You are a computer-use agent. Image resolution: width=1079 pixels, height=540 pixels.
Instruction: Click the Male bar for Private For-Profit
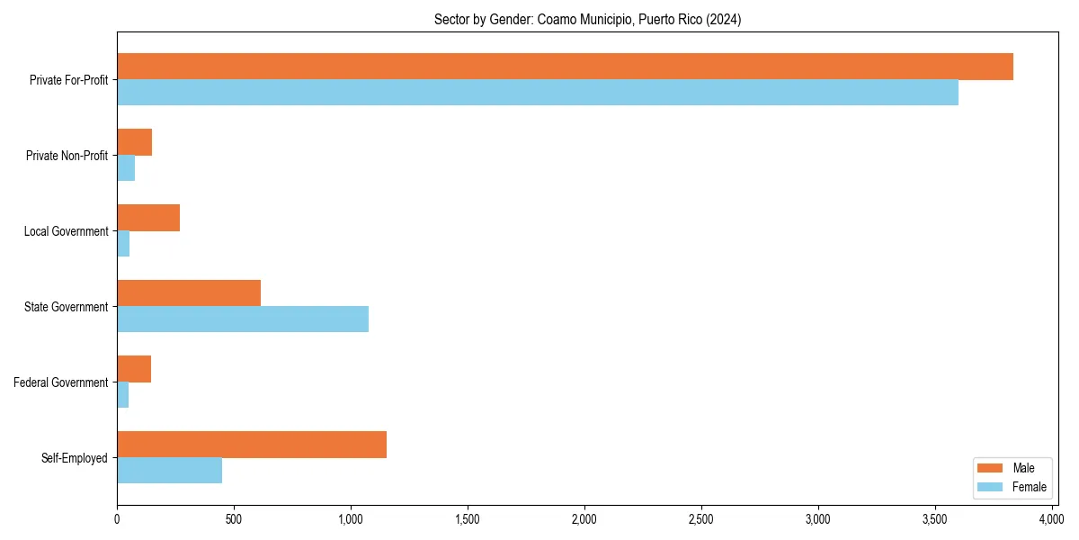565,67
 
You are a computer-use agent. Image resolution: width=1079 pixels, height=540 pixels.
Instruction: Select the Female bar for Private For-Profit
538,93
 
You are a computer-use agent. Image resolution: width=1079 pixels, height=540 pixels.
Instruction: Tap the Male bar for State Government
189,293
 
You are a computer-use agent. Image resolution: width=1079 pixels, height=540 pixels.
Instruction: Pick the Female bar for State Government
243,319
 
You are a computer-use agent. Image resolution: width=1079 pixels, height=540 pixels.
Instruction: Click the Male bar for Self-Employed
252,445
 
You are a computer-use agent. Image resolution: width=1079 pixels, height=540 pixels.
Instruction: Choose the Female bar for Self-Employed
169,471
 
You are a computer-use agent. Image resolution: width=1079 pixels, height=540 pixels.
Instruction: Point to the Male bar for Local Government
148,218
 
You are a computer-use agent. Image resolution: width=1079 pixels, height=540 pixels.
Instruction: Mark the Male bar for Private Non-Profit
134,142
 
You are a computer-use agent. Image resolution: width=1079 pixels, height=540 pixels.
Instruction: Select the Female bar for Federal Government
123,395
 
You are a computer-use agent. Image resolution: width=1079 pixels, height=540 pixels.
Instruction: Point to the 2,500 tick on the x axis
701,519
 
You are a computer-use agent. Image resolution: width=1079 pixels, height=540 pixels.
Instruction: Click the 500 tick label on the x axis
234,519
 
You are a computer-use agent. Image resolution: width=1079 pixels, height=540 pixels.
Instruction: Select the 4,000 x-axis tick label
1051,519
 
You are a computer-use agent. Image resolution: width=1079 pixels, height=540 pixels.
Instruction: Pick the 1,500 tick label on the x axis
468,519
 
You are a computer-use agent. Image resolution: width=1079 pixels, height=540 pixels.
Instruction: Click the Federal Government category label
61,382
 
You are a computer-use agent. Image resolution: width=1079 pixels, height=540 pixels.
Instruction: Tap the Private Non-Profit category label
67,156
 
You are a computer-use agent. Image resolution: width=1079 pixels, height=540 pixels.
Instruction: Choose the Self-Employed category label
75,458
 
